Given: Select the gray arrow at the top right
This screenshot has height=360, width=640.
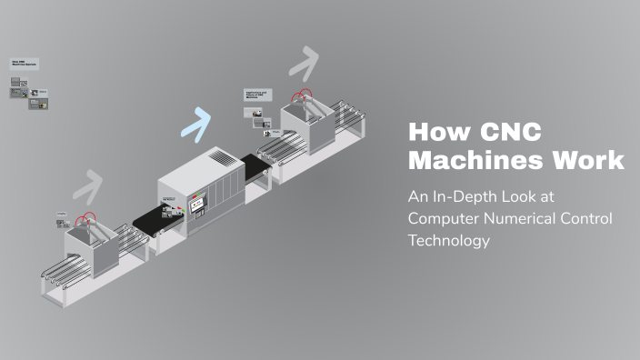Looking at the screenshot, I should pyautogui.click(x=305, y=62).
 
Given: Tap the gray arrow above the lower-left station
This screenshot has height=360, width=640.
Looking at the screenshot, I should pyautogui.click(x=87, y=185).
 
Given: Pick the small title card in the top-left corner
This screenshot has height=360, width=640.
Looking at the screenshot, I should pyautogui.click(x=25, y=65).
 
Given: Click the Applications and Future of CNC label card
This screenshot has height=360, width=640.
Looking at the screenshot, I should pyautogui.click(x=258, y=94).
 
